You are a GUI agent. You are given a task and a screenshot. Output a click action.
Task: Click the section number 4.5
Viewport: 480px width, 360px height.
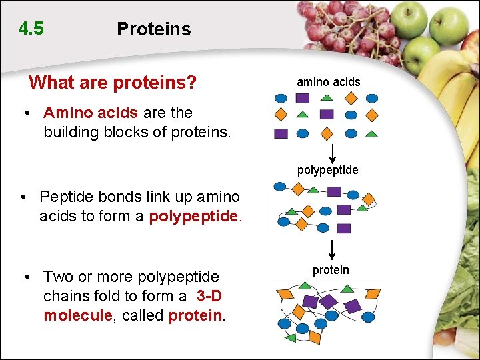point(31,29)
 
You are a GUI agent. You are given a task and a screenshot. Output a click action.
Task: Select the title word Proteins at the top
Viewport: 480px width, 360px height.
point(153,29)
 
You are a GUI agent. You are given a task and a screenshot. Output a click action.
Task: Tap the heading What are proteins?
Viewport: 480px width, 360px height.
point(113,83)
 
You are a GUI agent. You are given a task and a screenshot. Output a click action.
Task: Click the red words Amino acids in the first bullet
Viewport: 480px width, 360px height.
point(91,113)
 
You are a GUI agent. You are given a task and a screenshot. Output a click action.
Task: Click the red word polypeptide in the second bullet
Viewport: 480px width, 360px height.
point(193,216)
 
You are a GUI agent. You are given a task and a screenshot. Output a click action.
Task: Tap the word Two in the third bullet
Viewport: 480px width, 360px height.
point(57,276)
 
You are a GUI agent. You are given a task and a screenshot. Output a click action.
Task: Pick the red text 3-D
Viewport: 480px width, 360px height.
point(209,295)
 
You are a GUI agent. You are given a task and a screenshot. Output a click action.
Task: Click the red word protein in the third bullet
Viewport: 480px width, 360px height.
point(195,315)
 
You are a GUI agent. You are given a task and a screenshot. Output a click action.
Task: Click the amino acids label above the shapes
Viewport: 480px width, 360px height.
point(328,82)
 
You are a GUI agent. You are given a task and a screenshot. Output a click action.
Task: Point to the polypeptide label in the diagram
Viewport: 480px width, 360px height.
point(327,170)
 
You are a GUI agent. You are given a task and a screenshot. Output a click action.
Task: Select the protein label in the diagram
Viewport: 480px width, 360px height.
point(331,270)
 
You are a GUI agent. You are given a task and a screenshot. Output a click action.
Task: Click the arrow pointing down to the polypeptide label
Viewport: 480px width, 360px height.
point(332,152)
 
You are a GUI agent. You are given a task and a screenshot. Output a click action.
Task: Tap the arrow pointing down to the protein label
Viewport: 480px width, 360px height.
point(332,251)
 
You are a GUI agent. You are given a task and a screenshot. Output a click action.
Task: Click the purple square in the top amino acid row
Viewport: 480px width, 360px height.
point(302,98)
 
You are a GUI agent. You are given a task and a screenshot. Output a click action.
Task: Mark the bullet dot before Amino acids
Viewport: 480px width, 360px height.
point(28,113)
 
